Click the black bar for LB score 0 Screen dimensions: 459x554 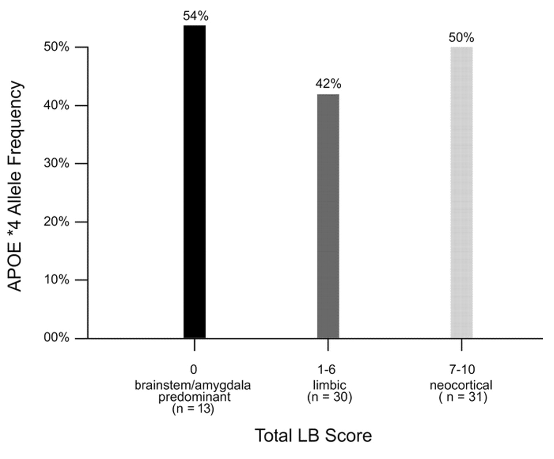pyautogui.click(x=194, y=182)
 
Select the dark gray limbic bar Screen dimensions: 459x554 pyautogui.click(x=328, y=216)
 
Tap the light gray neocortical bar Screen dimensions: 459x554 pyautogui.click(x=461, y=193)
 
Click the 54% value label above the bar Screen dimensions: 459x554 pyautogui.click(x=195, y=16)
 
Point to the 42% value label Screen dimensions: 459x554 pyautogui.click(x=328, y=84)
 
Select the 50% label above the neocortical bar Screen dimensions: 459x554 pyautogui.click(x=461, y=38)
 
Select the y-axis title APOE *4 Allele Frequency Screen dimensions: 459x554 pyautogui.click(x=16, y=187)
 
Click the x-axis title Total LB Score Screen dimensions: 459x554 pyautogui.click(x=313, y=435)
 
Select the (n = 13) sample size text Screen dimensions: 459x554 pyautogui.click(x=194, y=410)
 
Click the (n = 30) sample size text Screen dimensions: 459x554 pyautogui.click(x=328, y=397)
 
